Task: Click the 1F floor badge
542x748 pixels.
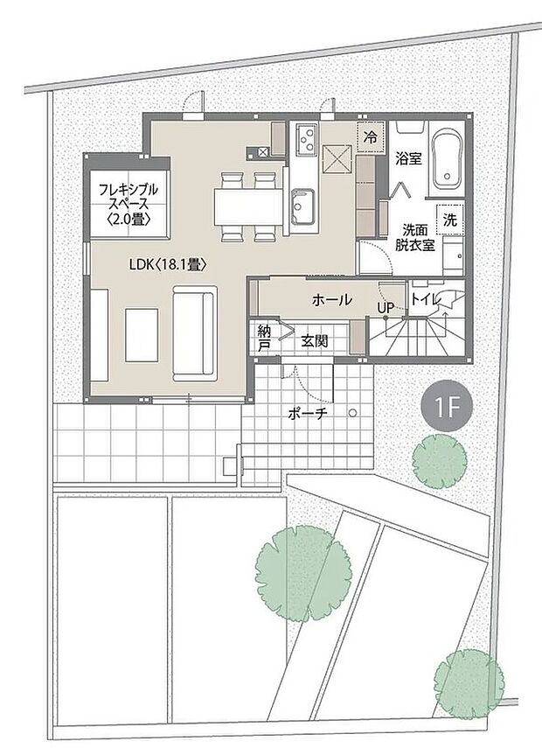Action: (x=448, y=405)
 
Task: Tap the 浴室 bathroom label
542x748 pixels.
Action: (x=409, y=159)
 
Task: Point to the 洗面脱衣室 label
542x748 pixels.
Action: (x=418, y=238)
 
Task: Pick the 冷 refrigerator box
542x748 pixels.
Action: (x=371, y=137)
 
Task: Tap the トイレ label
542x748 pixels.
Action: (x=427, y=299)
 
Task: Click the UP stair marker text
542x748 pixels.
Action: (x=385, y=307)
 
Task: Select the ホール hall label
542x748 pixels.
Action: (x=331, y=299)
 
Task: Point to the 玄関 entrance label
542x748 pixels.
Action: (x=315, y=341)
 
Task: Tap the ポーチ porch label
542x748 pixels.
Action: (x=306, y=414)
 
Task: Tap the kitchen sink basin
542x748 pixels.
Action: (x=307, y=208)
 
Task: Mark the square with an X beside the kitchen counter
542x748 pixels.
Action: (x=337, y=160)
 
